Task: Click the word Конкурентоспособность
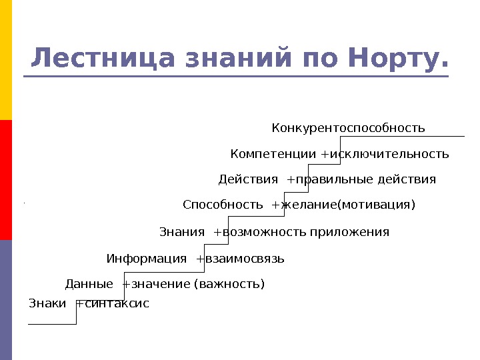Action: (x=348, y=128)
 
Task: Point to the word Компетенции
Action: (x=273, y=155)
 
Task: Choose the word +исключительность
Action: (x=385, y=155)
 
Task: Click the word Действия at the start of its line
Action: (x=248, y=180)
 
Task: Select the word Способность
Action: (x=223, y=205)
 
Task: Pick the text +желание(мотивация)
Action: (x=343, y=205)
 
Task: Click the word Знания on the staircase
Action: (x=182, y=232)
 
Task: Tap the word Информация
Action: (x=147, y=259)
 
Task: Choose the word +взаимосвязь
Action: (x=241, y=259)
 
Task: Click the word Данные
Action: (x=89, y=285)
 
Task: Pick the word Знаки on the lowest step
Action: (x=47, y=304)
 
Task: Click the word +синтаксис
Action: (x=113, y=304)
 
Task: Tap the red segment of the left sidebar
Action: (x=6, y=180)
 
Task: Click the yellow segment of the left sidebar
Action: (x=6, y=60)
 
